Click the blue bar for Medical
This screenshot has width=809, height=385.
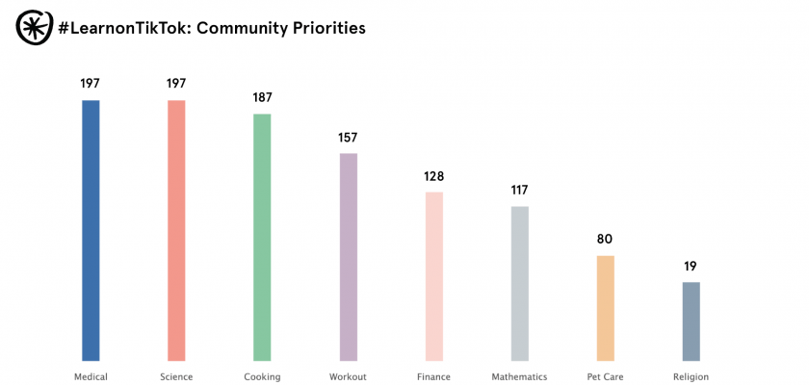click(x=91, y=231)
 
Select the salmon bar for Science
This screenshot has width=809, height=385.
click(x=176, y=231)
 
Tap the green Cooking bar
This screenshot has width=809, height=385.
click(x=262, y=238)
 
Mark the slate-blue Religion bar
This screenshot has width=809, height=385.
click(x=692, y=321)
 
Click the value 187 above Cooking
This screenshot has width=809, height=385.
click(x=262, y=98)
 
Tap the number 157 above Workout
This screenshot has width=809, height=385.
click(x=348, y=138)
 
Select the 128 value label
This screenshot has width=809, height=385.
click(x=434, y=176)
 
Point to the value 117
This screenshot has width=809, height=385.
click(x=520, y=191)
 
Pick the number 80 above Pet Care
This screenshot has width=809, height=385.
click(x=606, y=240)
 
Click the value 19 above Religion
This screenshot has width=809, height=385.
click(x=692, y=267)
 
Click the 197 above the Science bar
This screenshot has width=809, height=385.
click(x=176, y=84)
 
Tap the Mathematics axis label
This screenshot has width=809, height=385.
click(x=519, y=377)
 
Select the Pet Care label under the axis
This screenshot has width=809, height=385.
click(x=606, y=377)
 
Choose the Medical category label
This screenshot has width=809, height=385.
click(x=91, y=377)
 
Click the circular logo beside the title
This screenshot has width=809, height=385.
click(x=34, y=28)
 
